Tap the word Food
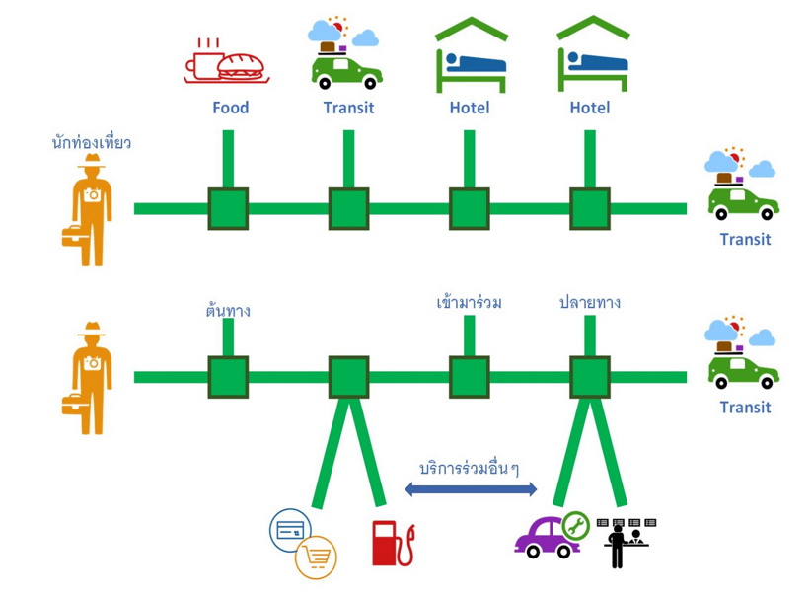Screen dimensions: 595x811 pyautogui.click(x=230, y=108)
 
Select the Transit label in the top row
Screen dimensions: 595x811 pyautogui.click(x=348, y=108)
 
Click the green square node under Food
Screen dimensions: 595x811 pyautogui.click(x=228, y=209)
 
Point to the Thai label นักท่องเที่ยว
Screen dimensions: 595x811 pyautogui.click(x=91, y=143)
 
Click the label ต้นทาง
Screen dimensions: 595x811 pyautogui.click(x=228, y=311)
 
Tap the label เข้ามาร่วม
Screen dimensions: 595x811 pyautogui.click(x=469, y=303)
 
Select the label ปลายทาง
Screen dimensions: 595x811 pyautogui.click(x=589, y=303)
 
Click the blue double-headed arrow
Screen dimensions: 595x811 pyautogui.click(x=471, y=488)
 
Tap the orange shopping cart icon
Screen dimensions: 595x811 pyautogui.click(x=316, y=558)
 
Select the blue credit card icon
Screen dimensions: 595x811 pyautogui.click(x=290, y=531)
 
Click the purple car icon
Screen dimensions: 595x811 pyautogui.click(x=545, y=538)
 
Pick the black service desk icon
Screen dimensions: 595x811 pyautogui.click(x=626, y=542)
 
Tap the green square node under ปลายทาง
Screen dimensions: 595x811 pyautogui.click(x=589, y=377)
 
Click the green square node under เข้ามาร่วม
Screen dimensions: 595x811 pyautogui.click(x=469, y=377)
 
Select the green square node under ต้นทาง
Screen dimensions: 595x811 pyautogui.click(x=228, y=377)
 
